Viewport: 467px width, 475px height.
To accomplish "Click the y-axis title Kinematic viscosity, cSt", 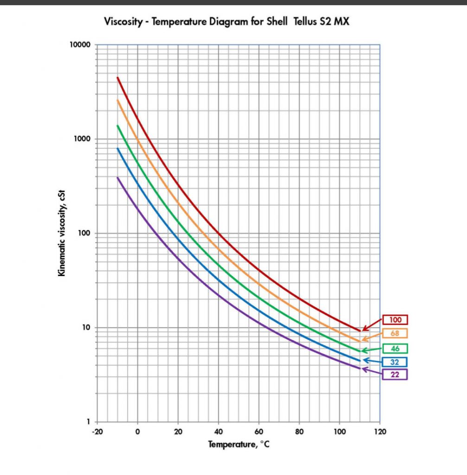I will pyautogui.click(x=61, y=233).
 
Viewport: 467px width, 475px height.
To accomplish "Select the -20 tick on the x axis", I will pyautogui.click(x=96, y=432).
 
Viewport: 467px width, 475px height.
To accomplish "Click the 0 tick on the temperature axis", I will pyautogui.click(x=137, y=432).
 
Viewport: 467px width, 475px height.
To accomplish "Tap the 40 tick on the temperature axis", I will pyautogui.click(x=218, y=432).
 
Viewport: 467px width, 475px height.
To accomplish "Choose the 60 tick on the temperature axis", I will pyautogui.click(x=259, y=432).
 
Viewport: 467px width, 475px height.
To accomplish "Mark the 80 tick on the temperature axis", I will pyautogui.click(x=299, y=432).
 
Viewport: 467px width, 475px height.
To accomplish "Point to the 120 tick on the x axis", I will pyautogui.click(x=380, y=432).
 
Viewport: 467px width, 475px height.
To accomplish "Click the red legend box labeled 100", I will pyautogui.click(x=395, y=320).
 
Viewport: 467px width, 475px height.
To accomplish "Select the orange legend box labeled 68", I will pyautogui.click(x=395, y=333).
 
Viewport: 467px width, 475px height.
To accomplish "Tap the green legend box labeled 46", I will pyautogui.click(x=395, y=348).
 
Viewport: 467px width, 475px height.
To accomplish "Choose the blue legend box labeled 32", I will pyautogui.click(x=395, y=362).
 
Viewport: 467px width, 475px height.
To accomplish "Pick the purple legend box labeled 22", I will pyautogui.click(x=395, y=374).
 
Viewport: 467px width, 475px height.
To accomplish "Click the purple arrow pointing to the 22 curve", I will pyautogui.click(x=372, y=371).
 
